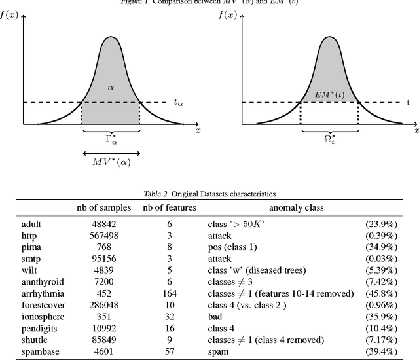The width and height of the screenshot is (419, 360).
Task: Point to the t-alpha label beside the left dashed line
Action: click(x=178, y=102)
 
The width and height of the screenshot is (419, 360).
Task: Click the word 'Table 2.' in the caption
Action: click(x=157, y=194)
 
